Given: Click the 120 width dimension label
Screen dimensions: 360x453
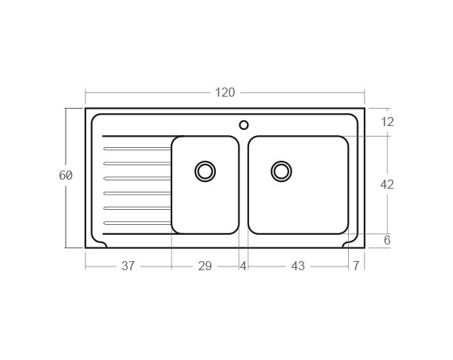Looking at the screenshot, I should pos(225,93).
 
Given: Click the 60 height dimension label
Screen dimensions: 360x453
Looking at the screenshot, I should pos(66,175).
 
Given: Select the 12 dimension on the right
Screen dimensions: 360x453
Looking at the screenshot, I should pos(387,122).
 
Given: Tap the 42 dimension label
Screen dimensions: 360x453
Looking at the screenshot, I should pos(387,184).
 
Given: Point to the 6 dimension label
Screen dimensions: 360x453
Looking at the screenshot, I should pos(387,241).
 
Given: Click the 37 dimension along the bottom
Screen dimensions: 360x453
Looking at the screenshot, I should pos(128,266).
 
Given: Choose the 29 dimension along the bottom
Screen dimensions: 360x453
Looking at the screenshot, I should pos(205,266).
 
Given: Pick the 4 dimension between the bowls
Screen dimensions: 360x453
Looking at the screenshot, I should pos(243,266).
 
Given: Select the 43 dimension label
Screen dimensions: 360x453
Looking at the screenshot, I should pos(297,266).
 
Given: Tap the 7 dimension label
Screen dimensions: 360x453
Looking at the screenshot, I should pos(356,266).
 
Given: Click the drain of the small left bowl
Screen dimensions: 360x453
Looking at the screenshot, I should pos(205,171).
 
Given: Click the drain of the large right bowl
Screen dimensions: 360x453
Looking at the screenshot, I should pos(282,171).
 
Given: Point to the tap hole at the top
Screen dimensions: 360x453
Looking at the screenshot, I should pos(244,125).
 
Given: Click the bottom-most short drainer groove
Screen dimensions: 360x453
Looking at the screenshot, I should pos(137,223).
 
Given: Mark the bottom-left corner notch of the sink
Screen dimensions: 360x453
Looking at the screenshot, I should pos(99,244).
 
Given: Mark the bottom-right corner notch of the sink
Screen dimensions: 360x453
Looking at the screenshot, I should pos(351,244).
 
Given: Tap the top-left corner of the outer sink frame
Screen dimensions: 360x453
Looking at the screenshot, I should pos(86,109).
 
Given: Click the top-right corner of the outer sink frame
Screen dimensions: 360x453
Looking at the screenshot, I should pos(364,109).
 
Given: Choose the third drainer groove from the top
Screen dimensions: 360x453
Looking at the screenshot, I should pos(137,178).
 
